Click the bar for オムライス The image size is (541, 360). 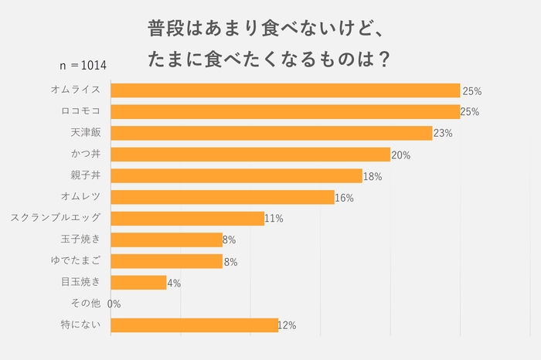[x=285, y=90]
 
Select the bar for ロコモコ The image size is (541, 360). [x=285, y=111]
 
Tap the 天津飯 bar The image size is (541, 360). [x=271, y=133]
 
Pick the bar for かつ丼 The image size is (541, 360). [x=250, y=155]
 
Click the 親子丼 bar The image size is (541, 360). [x=236, y=175]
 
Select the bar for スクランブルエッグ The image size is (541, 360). [x=188, y=219]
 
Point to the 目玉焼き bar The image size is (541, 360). [x=139, y=283]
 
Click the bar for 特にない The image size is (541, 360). [x=195, y=325]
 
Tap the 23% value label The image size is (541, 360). [x=443, y=134]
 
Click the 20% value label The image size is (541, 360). [x=400, y=155]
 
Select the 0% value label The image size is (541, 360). [x=114, y=304]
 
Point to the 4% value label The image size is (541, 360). [x=174, y=284]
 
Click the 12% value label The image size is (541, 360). [x=287, y=326]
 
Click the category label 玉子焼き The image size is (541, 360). [x=81, y=239]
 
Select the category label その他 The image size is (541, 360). [x=86, y=304]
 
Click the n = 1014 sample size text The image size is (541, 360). [x=83, y=65]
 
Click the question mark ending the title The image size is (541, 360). [x=379, y=59]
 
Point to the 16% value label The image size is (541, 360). [x=344, y=198]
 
